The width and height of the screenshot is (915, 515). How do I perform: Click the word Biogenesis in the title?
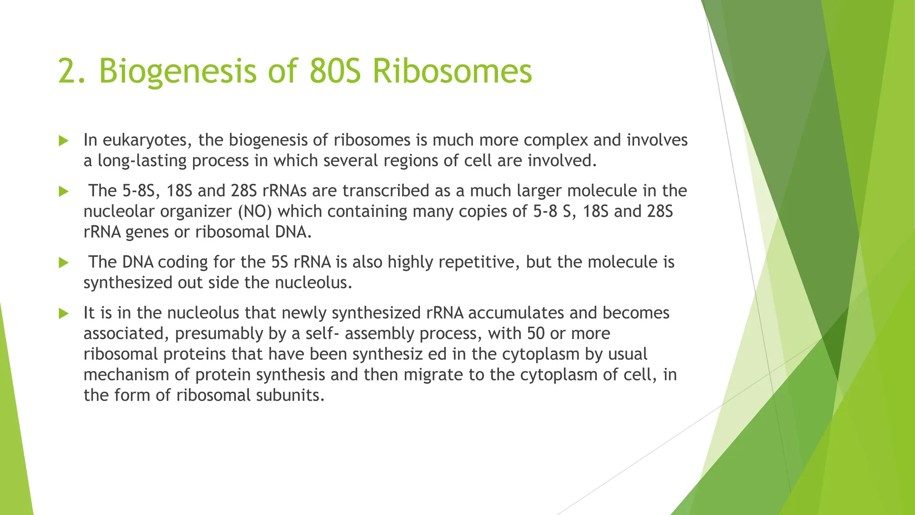[177, 72]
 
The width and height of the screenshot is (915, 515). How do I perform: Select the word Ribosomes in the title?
[452, 72]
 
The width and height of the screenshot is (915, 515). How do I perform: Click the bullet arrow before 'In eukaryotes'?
[63, 141]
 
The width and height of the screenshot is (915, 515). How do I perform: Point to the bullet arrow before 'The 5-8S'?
[63, 192]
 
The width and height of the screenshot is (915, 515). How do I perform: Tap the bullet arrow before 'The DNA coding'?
[63, 263]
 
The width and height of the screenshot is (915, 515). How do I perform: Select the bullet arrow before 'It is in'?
[63, 314]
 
